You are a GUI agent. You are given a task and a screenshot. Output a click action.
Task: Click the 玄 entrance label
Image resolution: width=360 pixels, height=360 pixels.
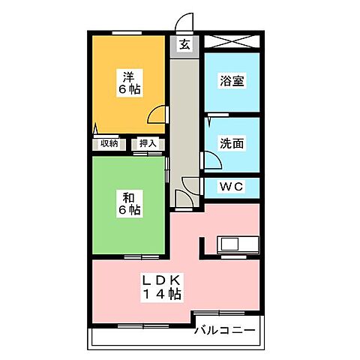tap(184, 44)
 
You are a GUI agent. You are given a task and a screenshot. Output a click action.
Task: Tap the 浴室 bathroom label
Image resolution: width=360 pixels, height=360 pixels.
tap(232, 81)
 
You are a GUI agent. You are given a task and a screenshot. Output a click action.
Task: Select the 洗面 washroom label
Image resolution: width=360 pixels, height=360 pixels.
tap(232, 142)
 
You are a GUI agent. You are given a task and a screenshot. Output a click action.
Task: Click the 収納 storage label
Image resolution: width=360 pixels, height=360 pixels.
tap(109, 144)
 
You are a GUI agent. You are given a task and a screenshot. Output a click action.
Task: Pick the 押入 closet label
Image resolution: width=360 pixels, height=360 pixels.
tap(148, 144)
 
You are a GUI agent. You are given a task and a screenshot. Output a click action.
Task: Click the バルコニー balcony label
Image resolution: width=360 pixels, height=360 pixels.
tap(225, 330)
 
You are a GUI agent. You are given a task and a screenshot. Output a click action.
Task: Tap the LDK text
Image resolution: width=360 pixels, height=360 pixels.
tap(163, 280)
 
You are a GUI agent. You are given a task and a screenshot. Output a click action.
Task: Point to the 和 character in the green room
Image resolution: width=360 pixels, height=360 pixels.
tap(128, 197)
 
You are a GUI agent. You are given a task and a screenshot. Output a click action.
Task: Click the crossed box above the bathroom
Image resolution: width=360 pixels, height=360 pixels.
tap(232, 42)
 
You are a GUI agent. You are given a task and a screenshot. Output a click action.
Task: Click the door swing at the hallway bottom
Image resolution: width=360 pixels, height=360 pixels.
tap(182, 198)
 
